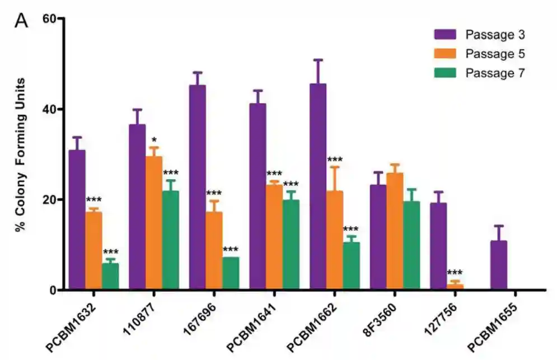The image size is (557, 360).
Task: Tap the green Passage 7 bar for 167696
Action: [x=231, y=273]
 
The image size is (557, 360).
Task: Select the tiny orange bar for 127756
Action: [x=455, y=287]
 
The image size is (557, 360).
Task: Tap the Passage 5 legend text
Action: [x=495, y=54]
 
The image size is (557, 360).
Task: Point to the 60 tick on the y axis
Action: [x=51, y=19]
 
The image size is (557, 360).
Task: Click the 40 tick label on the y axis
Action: [x=51, y=109]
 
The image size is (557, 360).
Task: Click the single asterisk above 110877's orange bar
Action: [x=154, y=139]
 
